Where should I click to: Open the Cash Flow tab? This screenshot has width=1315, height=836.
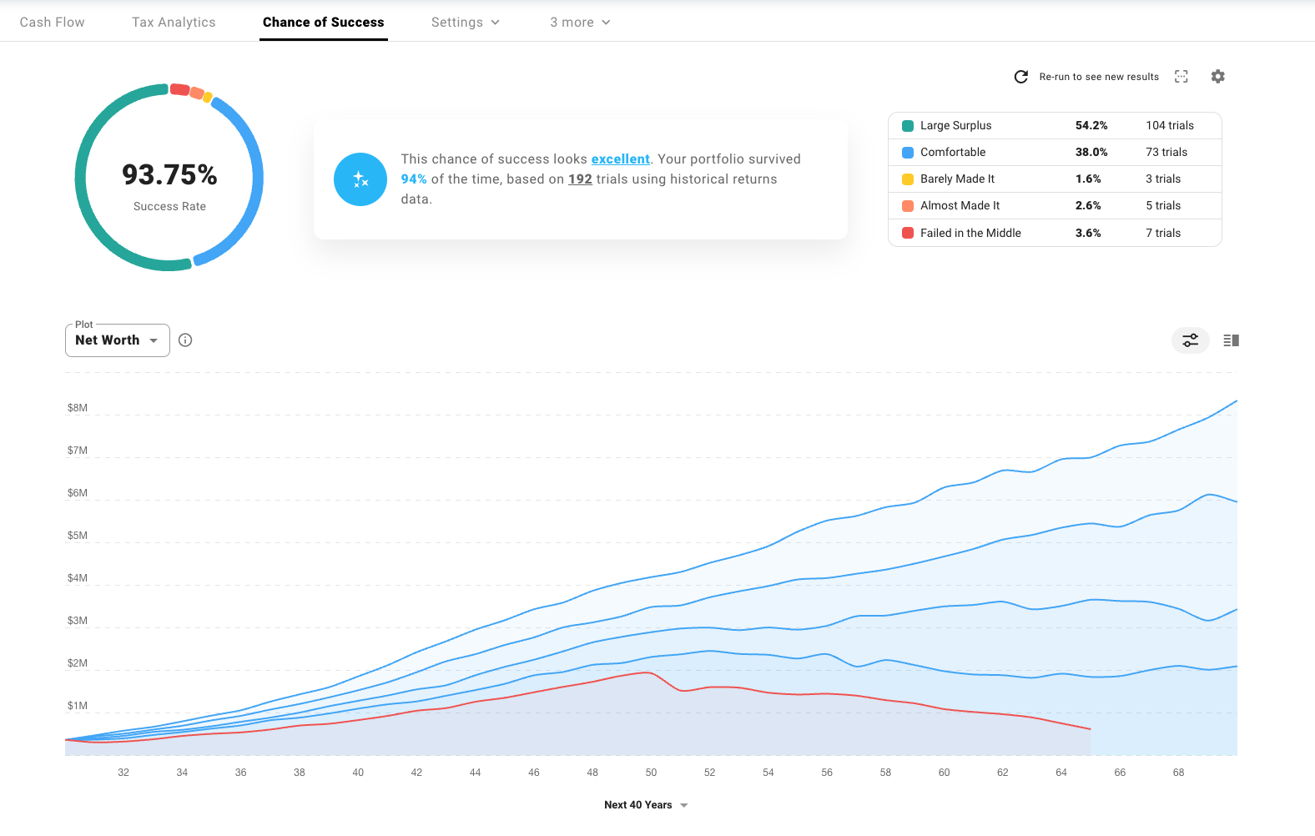pos(52,23)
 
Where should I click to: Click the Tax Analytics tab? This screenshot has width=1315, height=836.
pos(174,23)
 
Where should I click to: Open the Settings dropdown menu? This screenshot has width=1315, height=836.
pos(465,23)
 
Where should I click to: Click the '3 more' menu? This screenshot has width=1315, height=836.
pos(580,23)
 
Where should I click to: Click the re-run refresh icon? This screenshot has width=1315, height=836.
pos(1020,77)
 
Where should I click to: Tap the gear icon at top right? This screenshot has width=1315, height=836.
pos(1218,77)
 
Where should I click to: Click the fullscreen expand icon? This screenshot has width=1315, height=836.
pos(1181,77)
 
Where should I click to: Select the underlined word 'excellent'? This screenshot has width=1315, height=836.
pos(620,159)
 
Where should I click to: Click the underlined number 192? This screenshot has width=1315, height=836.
pos(580,179)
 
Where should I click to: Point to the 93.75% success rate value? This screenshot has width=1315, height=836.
pos(169,175)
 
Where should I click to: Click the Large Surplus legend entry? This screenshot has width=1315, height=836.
pos(955,126)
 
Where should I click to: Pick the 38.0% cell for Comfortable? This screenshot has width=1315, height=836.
pos(1091,153)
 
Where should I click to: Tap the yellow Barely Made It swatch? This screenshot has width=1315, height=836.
pos(908,179)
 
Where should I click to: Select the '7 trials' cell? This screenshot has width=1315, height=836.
pos(1163,234)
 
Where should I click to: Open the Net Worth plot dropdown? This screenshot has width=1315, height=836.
pos(117,340)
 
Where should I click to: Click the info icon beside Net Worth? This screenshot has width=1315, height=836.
pos(185,340)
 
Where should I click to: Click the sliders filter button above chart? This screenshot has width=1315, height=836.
pos(1191,340)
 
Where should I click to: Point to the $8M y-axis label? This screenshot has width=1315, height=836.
pos(78,408)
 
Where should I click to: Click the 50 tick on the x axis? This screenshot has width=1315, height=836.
pos(651,773)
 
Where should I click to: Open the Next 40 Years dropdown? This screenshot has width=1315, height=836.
pos(646,805)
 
